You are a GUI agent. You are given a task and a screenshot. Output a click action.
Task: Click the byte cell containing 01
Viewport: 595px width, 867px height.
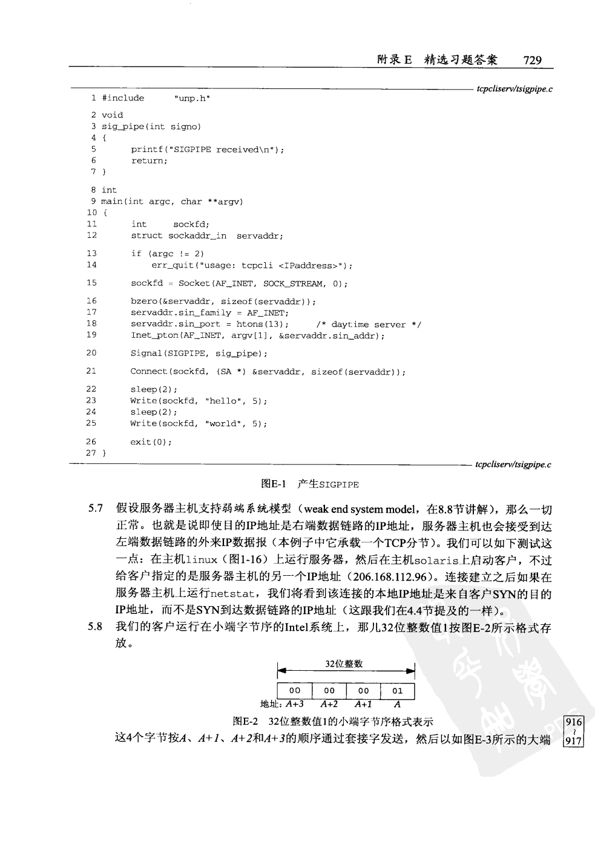pyautogui.click(x=397, y=690)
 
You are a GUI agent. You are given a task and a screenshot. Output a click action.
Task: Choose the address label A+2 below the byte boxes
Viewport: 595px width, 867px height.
pyautogui.click(x=329, y=704)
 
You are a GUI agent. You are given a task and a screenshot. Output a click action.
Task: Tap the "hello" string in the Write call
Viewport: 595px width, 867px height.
pyautogui.click(x=220, y=401)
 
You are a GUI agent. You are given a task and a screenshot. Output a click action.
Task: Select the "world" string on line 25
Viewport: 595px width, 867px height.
pyautogui.click(x=220, y=424)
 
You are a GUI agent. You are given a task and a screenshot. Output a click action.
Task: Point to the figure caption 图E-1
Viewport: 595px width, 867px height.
pyautogui.click(x=269, y=484)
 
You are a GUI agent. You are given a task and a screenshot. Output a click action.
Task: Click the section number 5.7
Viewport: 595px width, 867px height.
pyautogui.click(x=96, y=509)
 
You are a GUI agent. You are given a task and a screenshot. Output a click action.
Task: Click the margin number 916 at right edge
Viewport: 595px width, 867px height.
pyautogui.click(x=573, y=722)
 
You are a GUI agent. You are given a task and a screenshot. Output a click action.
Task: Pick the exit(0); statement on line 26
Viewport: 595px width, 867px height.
pyautogui.click(x=151, y=442)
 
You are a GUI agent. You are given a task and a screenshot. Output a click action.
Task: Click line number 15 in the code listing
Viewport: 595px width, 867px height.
pyautogui.click(x=91, y=283)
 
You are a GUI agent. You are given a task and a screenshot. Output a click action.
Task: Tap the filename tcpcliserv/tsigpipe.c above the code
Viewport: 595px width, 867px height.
pyautogui.click(x=514, y=90)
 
